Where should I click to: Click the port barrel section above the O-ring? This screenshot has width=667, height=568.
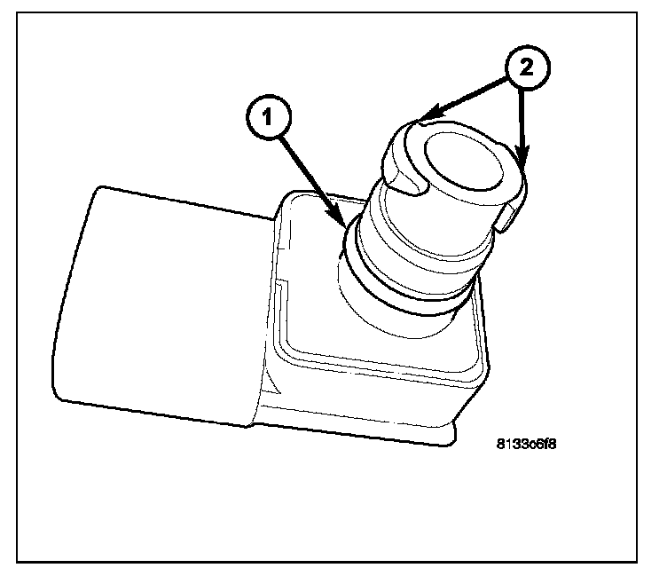[426, 240]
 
